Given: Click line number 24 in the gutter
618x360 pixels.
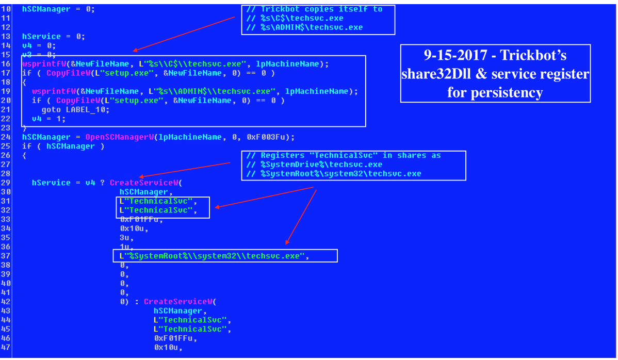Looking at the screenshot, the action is coord(6,137).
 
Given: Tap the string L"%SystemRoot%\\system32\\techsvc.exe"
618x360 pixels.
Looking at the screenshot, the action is coord(212,256).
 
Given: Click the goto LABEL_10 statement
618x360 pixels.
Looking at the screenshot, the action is coord(75,109).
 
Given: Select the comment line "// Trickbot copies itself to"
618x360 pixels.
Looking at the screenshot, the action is coord(314,9).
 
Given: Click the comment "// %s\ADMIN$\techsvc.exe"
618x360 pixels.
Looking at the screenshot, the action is coord(304,27).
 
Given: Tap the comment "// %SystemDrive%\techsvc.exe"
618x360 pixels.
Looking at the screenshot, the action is coord(314,164).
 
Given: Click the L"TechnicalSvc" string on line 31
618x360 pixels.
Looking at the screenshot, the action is coord(156,201).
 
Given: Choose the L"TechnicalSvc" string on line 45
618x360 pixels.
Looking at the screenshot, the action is coord(190,329).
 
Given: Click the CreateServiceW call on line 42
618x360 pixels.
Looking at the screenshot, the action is coord(178,302).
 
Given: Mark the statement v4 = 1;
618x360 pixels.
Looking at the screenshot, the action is coord(49,119).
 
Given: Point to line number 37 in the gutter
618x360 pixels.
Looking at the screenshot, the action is coord(6,256).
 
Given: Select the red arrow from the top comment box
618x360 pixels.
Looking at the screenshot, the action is coord(184,34).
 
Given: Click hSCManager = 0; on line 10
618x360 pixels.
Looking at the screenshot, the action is coord(58,9).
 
